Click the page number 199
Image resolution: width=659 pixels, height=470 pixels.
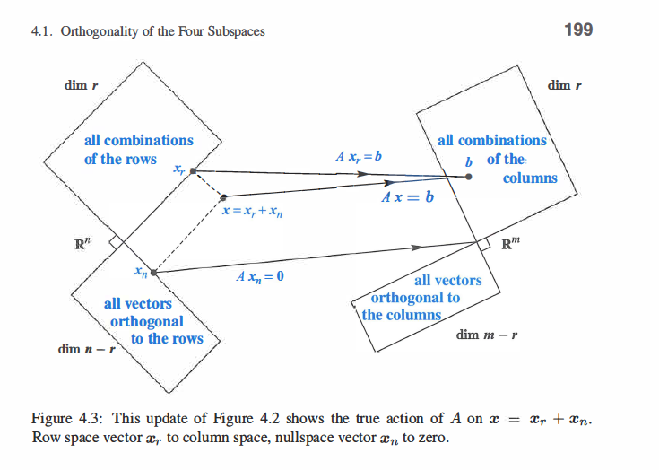point(577,30)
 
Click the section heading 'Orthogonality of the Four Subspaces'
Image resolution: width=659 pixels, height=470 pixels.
point(161,32)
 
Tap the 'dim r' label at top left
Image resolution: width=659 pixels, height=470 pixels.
point(81,86)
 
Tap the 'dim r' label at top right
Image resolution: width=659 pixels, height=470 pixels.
point(564,86)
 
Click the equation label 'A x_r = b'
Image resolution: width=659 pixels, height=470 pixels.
point(359,156)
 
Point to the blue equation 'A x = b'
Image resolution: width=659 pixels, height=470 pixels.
point(409,196)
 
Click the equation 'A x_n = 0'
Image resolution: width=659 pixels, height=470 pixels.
point(260,276)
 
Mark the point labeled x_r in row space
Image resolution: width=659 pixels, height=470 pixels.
point(194,171)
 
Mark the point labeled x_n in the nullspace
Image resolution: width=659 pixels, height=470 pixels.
point(154,271)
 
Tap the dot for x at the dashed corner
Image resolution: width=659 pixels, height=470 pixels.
point(223,196)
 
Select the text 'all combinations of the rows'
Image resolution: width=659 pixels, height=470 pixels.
point(138,150)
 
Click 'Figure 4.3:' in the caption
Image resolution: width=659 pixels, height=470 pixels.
point(66,420)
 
